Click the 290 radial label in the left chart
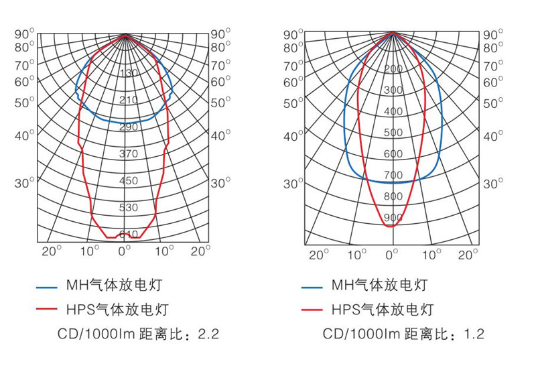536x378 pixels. [x=128, y=127]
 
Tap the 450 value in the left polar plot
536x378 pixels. [x=128, y=181]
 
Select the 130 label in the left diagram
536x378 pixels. [x=128, y=73]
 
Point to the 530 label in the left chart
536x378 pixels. [x=128, y=208]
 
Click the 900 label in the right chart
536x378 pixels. [x=393, y=218]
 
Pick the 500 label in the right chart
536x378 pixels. [x=393, y=133]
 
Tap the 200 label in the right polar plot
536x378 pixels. [x=393, y=69]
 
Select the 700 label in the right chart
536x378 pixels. [x=393, y=176]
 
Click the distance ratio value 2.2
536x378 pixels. [x=210, y=333]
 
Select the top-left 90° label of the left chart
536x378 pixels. [x=24, y=34]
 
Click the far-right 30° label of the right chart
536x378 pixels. [x=493, y=183]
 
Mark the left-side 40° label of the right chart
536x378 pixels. [x=293, y=136]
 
